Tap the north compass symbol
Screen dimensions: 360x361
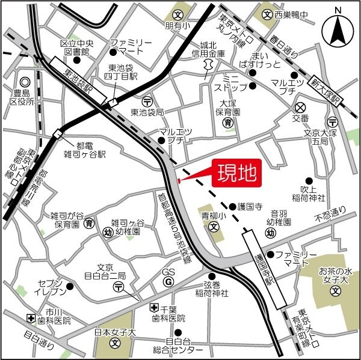point(338,28)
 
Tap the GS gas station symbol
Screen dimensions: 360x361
point(168,281)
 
